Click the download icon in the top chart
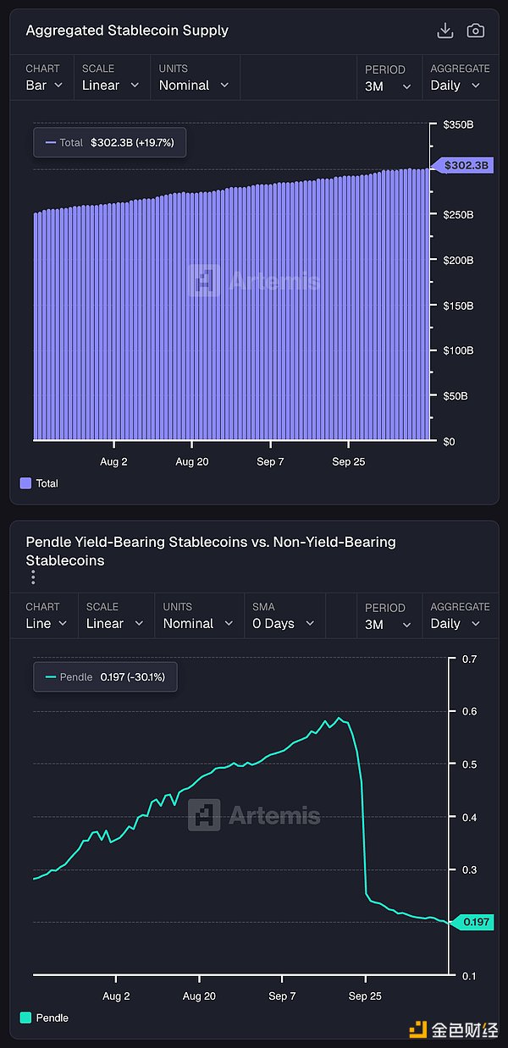point(444,30)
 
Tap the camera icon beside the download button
point(476,30)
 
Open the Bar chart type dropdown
point(44,85)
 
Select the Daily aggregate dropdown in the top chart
point(456,85)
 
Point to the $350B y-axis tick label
point(458,124)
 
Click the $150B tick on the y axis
point(458,305)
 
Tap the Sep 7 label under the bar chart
point(270,462)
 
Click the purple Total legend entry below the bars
point(39,483)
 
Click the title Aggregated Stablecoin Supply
point(127,30)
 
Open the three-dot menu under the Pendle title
point(33,577)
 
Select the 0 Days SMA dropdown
point(283,623)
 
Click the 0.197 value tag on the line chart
point(472,922)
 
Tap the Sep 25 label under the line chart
point(364,996)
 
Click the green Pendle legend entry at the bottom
point(44,1018)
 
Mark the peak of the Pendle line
point(339,719)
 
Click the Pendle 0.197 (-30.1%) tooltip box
point(105,677)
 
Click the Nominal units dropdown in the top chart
point(194,85)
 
